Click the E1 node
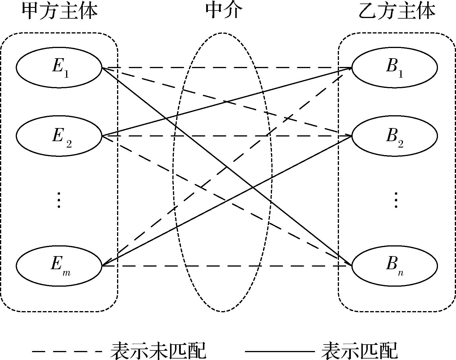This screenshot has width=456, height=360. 59,68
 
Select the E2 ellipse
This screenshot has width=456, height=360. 59,136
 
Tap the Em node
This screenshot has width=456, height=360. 59,266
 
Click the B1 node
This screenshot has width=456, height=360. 395,68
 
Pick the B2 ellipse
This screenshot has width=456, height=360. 395,136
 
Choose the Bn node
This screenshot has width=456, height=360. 395,266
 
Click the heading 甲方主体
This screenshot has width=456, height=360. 59,12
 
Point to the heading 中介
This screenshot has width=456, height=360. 224,12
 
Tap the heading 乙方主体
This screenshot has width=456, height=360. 397,12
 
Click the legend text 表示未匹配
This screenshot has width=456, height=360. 158,350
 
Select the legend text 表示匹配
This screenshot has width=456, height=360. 359,350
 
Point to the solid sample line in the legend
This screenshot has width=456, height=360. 280,352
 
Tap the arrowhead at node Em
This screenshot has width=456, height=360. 106,264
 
